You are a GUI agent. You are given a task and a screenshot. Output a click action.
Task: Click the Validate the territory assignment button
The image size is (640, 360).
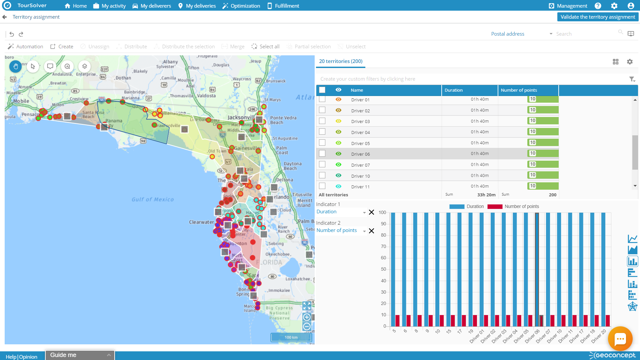(598, 17)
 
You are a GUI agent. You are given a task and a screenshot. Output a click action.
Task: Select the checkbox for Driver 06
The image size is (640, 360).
(322, 153)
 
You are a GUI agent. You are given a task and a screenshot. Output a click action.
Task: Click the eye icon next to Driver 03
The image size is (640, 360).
(338, 121)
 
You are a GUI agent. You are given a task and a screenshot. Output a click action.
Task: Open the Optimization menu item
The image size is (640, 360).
(241, 6)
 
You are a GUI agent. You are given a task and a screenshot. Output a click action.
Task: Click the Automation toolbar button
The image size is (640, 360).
(26, 47)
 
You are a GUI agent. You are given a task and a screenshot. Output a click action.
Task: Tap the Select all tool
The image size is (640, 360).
(265, 47)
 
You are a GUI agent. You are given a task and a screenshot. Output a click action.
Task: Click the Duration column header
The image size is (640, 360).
(453, 90)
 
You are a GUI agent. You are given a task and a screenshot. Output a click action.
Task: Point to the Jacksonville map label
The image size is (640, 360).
(241, 117)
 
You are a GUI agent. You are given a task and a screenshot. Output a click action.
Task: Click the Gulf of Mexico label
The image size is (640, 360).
(153, 199)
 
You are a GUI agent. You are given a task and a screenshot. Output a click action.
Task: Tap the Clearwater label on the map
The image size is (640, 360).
(201, 222)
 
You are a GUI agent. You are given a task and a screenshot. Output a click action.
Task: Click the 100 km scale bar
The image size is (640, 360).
(291, 337)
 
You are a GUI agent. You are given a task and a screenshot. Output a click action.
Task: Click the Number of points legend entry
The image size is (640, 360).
(521, 206)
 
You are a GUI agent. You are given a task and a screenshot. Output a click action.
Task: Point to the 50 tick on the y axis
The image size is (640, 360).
(383, 269)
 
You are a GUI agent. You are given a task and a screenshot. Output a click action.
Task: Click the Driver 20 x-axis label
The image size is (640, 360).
(599, 336)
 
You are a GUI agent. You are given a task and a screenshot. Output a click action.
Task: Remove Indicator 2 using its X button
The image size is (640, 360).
(371, 231)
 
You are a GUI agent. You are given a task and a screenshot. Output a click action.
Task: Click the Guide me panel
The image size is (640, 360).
(80, 355)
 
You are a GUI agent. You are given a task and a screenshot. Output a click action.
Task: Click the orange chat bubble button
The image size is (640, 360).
(620, 339)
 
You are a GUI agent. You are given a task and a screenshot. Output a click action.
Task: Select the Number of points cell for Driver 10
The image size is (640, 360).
(528, 175)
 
